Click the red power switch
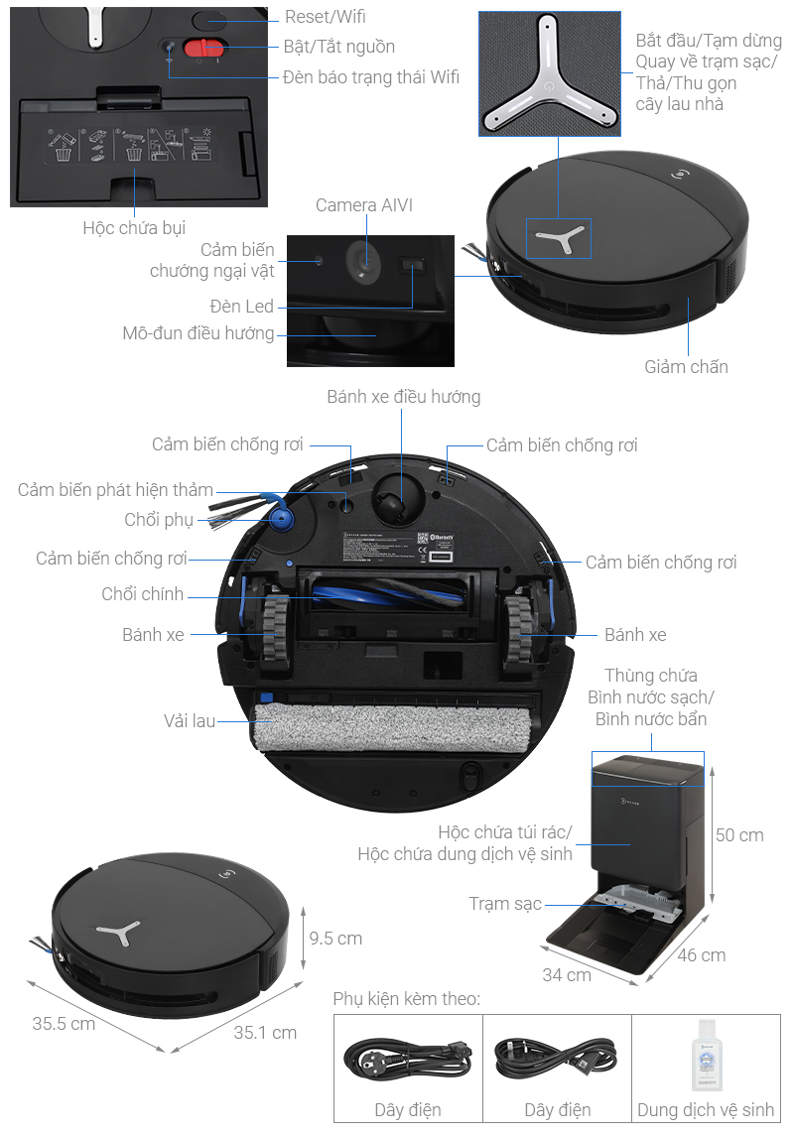pos(206,49)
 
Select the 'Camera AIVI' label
pos(364,205)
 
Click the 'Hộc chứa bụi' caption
pos(134,228)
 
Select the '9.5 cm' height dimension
pos(335,938)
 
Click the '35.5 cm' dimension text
pos(65,1023)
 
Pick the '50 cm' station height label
pos(739,835)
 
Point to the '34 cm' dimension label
pos(566,974)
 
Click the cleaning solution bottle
pos(706,1056)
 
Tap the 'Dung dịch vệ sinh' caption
pos(706,1110)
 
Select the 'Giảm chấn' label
pos(686,367)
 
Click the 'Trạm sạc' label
pos(505,904)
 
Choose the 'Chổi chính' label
pos(143,594)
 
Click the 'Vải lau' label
pos(190,721)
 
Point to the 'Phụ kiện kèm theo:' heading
pos(407,998)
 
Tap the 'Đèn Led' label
pos(241,307)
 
